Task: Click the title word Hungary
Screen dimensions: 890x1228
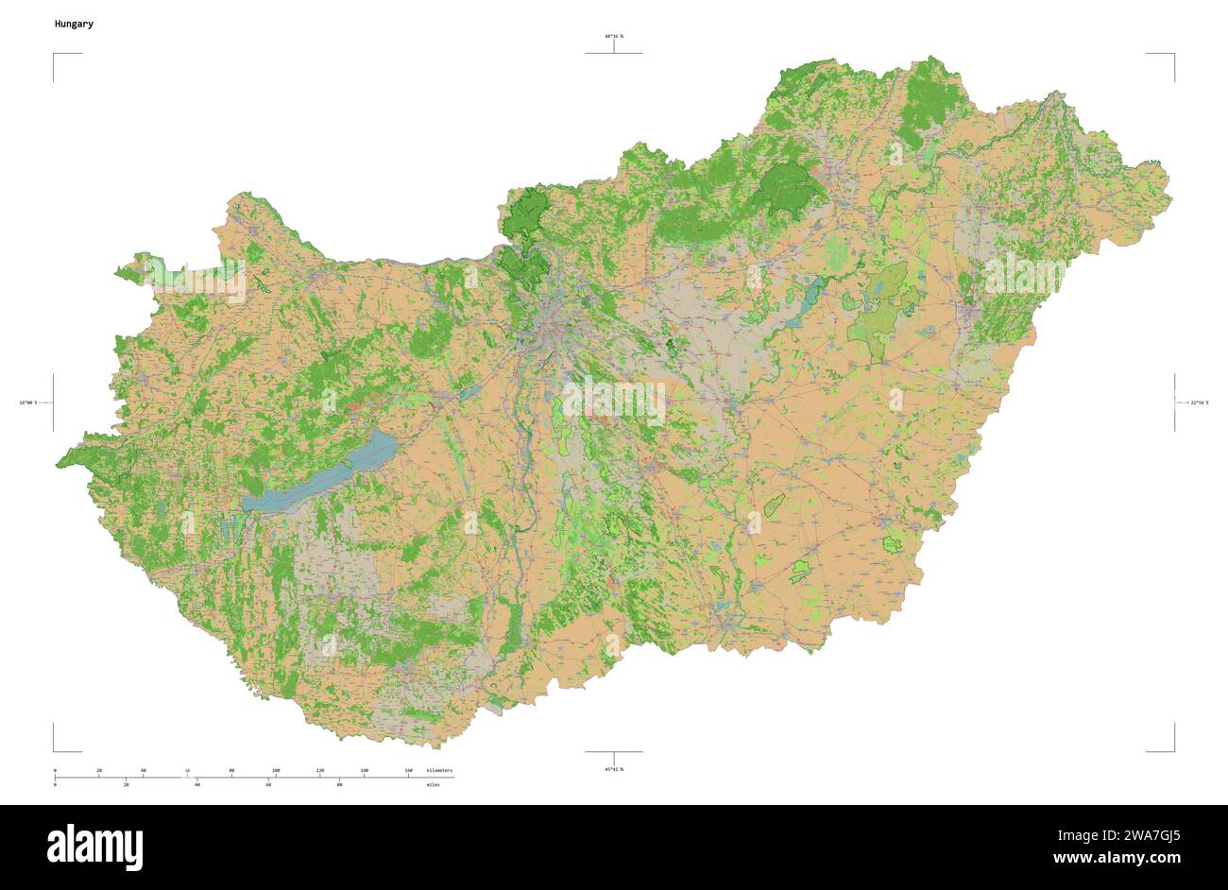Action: tap(74, 24)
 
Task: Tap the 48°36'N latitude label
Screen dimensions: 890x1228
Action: tap(614, 36)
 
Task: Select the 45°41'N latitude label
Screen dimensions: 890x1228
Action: tap(614, 769)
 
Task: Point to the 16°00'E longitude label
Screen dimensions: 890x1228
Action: tap(27, 403)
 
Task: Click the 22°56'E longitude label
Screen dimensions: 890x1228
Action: tap(1199, 403)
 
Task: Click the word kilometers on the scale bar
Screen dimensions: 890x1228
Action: tap(439, 771)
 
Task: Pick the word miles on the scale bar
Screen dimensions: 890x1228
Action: tap(433, 785)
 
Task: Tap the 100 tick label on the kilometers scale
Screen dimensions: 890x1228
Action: tap(276, 771)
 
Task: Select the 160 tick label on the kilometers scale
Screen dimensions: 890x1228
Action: tap(408, 771)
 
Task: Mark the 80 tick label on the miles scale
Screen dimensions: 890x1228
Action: tap(339, 785)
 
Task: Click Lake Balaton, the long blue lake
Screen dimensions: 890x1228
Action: tap(326, 472)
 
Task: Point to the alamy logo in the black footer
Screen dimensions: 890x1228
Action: tap(94, 847)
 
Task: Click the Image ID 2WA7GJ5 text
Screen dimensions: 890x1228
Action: tap(1117, 835)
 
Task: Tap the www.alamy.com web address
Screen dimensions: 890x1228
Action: tap(1117, 859)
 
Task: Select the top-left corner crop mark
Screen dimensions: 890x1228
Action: tap(55, 55)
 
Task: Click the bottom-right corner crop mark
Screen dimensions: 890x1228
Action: tap(1173, 750)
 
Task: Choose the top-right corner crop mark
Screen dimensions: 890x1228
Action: tap(1173, 55)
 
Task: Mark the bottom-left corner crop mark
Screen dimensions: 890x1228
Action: tap(55, 750)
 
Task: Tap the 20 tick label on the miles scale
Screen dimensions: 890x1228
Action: tap(126, 785)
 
